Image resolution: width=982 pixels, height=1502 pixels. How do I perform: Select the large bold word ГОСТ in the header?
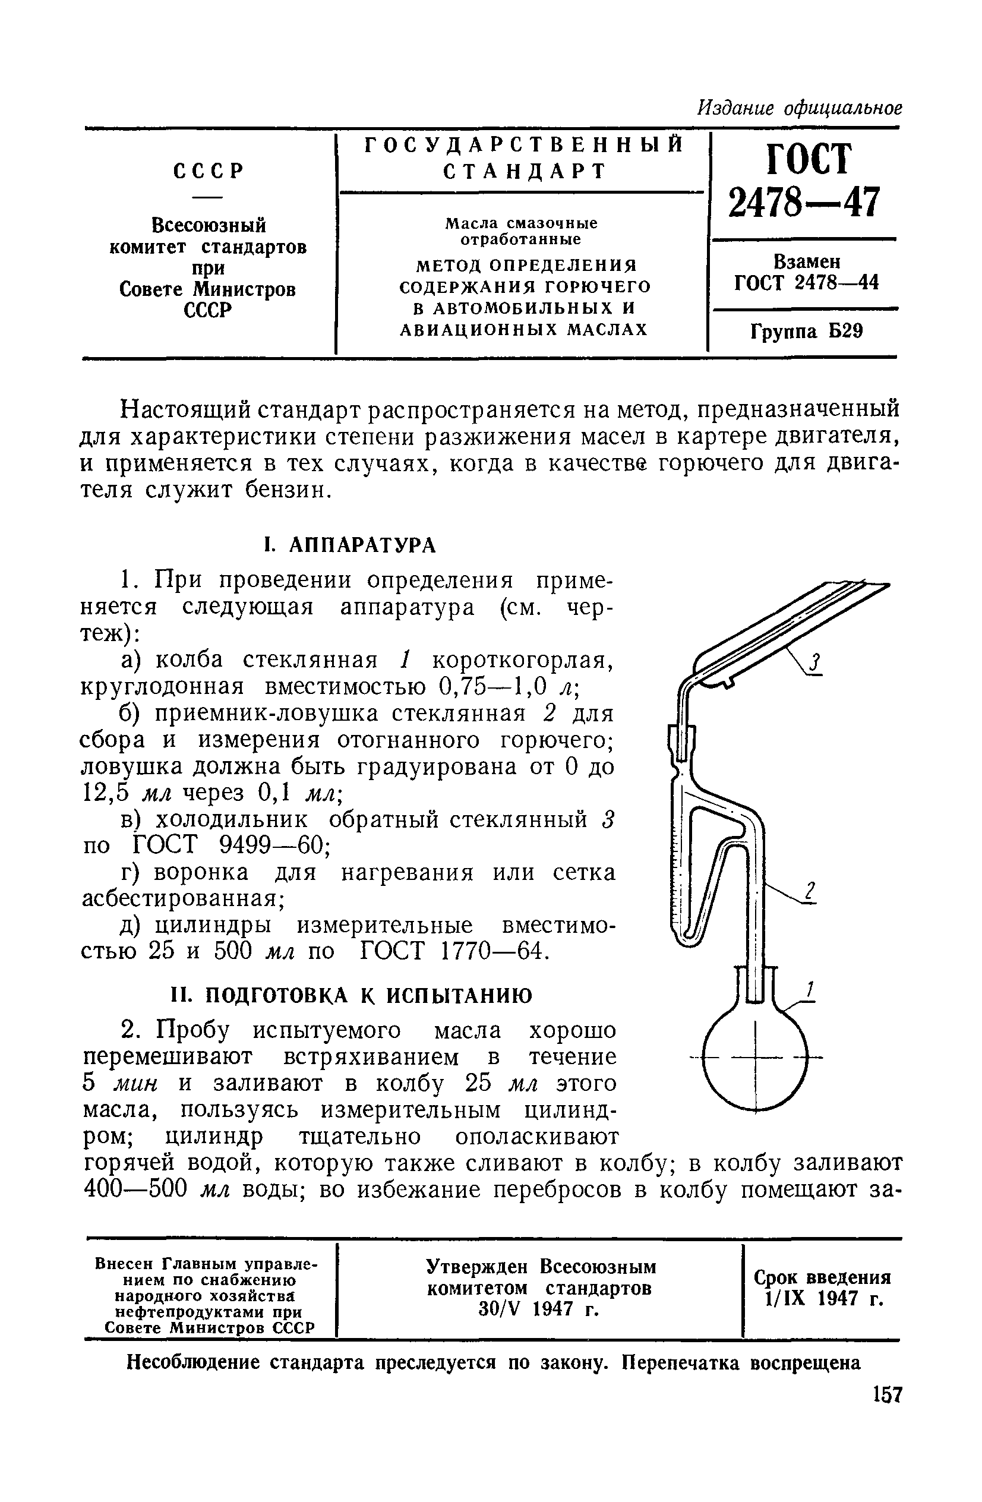point(809,159)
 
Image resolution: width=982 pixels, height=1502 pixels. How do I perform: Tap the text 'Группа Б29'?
point(807,332)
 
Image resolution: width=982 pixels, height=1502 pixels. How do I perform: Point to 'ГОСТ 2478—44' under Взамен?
point(806,283)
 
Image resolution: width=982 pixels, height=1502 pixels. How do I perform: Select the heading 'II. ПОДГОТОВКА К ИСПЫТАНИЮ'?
point(352,995)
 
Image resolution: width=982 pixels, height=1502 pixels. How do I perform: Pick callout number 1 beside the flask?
point(810,990)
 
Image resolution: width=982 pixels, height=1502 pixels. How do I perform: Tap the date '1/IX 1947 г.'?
point(822,1299)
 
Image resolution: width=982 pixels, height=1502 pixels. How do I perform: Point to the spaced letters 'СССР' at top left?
point(209,171)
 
